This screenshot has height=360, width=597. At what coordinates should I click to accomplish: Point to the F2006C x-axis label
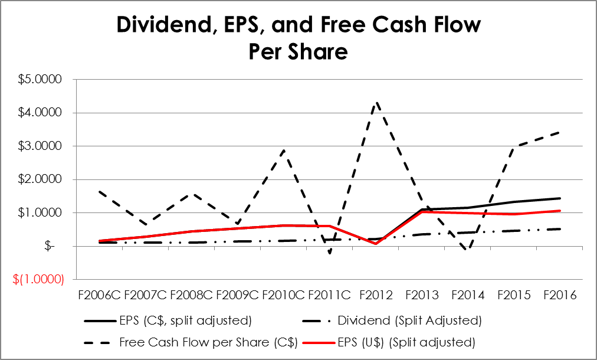99,294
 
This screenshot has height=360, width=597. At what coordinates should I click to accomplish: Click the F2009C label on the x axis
238,294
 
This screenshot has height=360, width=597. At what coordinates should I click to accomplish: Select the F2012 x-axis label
376,294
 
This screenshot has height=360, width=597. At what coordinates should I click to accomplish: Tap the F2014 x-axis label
468,294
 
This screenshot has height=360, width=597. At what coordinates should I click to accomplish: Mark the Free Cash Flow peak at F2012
376,102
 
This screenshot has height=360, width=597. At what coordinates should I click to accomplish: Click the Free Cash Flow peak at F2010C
284,150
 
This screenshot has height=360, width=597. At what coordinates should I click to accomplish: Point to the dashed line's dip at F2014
468,250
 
